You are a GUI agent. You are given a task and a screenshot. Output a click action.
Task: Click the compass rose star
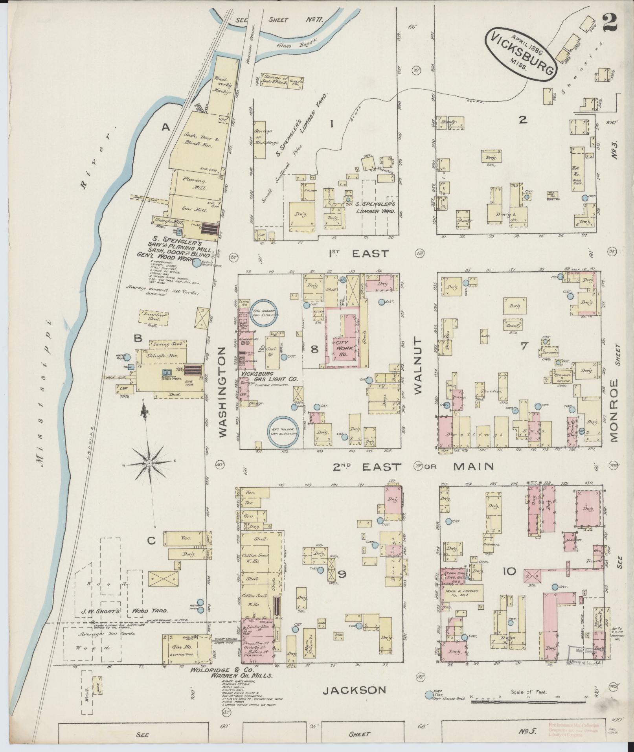149,464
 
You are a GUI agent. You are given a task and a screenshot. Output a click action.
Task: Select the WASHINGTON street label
222,392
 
